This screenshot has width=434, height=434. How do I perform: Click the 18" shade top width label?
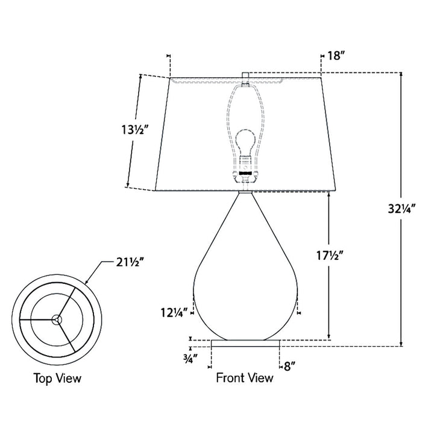336,55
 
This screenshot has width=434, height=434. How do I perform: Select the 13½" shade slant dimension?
136,129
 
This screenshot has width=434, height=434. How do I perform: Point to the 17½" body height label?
330,256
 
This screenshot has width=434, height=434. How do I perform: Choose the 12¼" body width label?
175,313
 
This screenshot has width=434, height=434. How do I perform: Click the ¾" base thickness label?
190,359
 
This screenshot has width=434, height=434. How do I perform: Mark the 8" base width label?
289,366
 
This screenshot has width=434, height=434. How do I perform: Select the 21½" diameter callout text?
130,262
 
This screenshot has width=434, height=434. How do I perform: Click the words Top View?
57,379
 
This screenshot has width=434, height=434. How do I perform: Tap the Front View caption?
245,378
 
